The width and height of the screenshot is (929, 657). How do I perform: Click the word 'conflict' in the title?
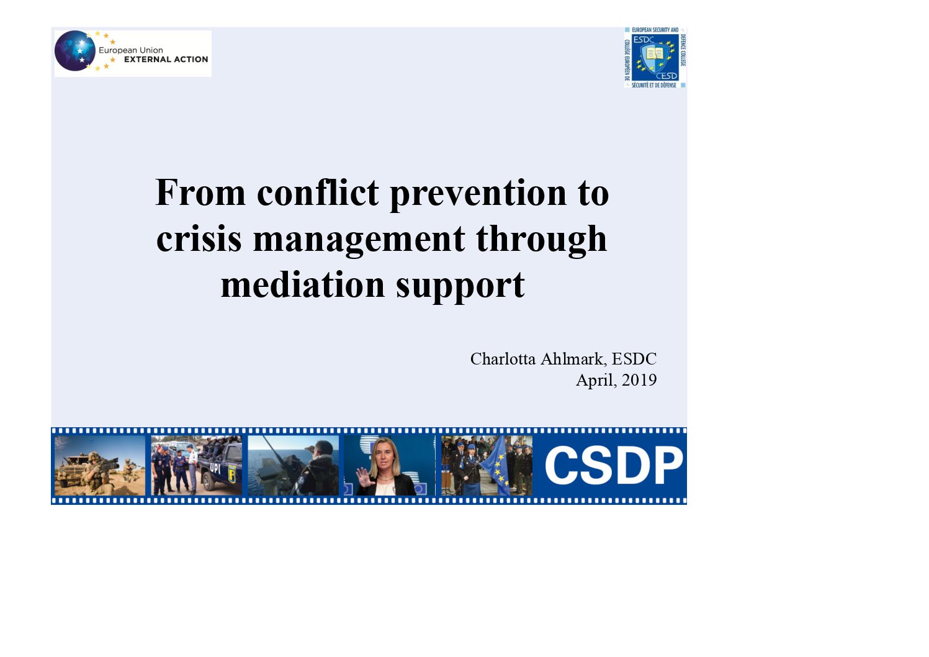pos(318,193)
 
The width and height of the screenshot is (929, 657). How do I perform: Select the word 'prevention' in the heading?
pos(478,194)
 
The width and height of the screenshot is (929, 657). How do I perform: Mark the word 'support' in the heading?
pos(460,286)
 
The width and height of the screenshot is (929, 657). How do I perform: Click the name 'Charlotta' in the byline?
pos(503,359)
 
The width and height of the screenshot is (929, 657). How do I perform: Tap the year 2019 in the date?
pos(639,380)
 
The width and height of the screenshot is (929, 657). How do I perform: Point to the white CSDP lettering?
pos(613,465)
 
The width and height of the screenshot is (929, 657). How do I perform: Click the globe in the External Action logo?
pos(75,51)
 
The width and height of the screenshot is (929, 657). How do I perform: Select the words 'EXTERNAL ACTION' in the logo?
pos(166,60)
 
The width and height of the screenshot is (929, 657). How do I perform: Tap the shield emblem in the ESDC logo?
pos(655,57)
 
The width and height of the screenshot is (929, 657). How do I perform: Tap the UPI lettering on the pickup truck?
pos(215,469)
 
